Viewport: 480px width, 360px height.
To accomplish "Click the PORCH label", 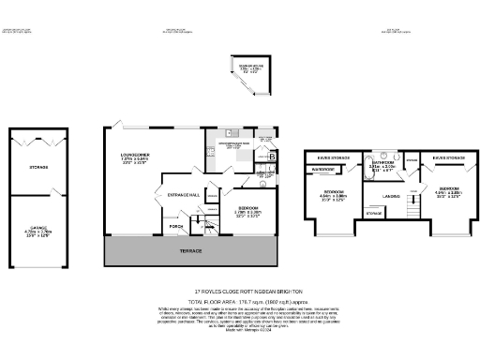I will click(175, 226).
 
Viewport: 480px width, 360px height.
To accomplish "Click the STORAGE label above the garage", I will click(38, 168).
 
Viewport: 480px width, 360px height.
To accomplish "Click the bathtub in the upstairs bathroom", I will click(393, 158).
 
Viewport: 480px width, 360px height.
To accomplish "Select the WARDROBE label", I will click(325, 170).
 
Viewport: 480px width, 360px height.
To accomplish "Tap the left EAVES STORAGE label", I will click(334, 158).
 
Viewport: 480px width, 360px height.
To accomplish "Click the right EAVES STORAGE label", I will click(447, 158).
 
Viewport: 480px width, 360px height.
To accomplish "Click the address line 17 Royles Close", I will click(239, 291).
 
